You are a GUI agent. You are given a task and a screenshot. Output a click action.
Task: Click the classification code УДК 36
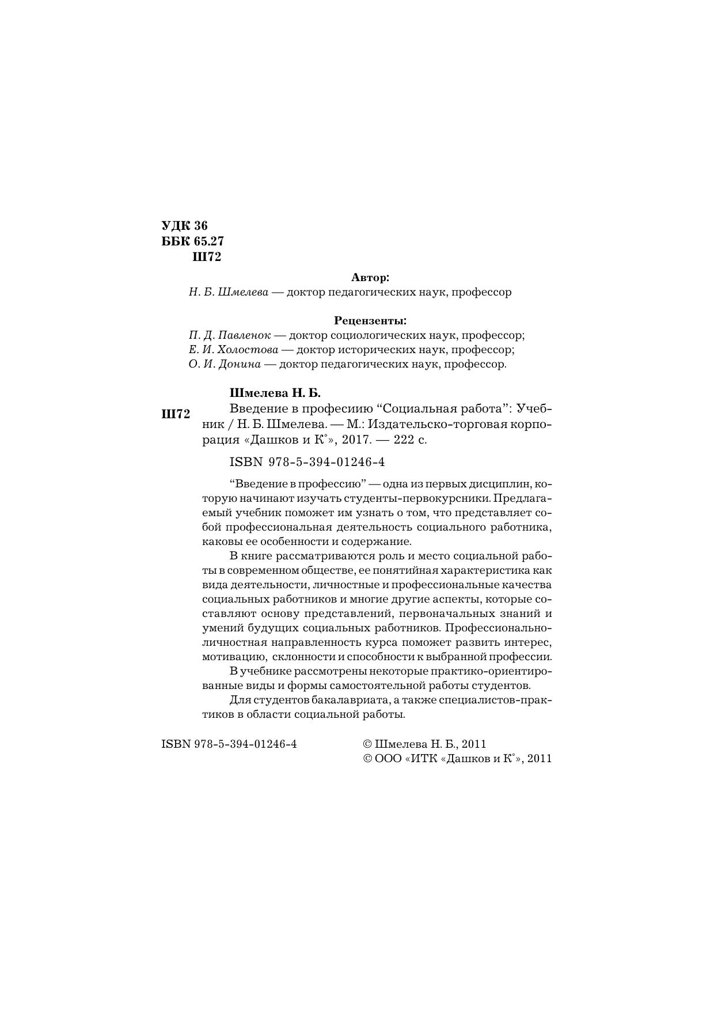(x=184, y=225)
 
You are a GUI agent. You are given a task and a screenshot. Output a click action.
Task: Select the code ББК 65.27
(x=192, y=241)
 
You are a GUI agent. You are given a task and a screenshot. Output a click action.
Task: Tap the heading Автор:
(x=370, y=277)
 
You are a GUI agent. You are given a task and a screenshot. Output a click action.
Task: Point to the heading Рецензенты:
(x=370, y=320)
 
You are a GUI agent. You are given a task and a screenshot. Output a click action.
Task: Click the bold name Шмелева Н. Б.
(x=275, y=393)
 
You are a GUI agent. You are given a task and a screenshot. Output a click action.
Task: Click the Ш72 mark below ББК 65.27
(x=206, y=256)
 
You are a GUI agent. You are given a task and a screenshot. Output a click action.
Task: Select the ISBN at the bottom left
(x=229, y=744)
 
